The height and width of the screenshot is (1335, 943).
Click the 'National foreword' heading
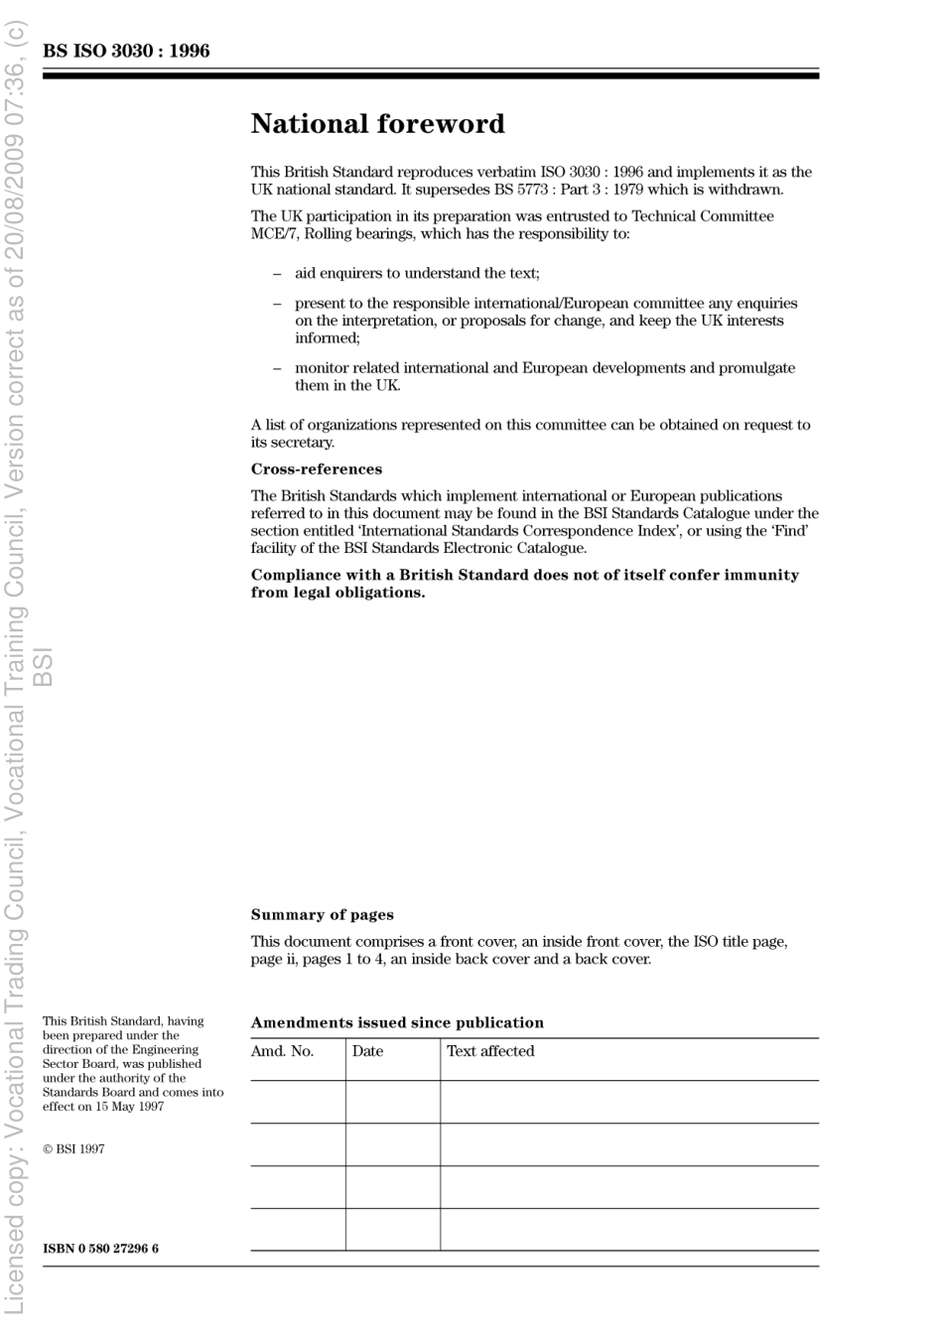pos(377,124)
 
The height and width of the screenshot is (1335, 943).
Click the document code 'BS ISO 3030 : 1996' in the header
pos(126,51)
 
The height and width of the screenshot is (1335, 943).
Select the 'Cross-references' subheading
pos(316,469)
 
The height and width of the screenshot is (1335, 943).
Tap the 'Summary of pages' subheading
pos(322,915)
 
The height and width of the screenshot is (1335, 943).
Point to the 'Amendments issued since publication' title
pos(397,1022)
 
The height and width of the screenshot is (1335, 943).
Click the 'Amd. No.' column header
pos(282,1051)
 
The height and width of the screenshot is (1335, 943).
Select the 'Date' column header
pos(367,1051)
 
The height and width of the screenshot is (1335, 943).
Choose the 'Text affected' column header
pos(490,1051)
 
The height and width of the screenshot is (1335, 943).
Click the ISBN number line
pos(100,1249)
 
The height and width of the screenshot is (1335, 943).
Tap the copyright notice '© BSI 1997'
pos(73,1149)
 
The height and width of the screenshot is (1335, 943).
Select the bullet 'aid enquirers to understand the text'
pos(417,273)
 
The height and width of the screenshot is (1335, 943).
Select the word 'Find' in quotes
pos(789,531)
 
